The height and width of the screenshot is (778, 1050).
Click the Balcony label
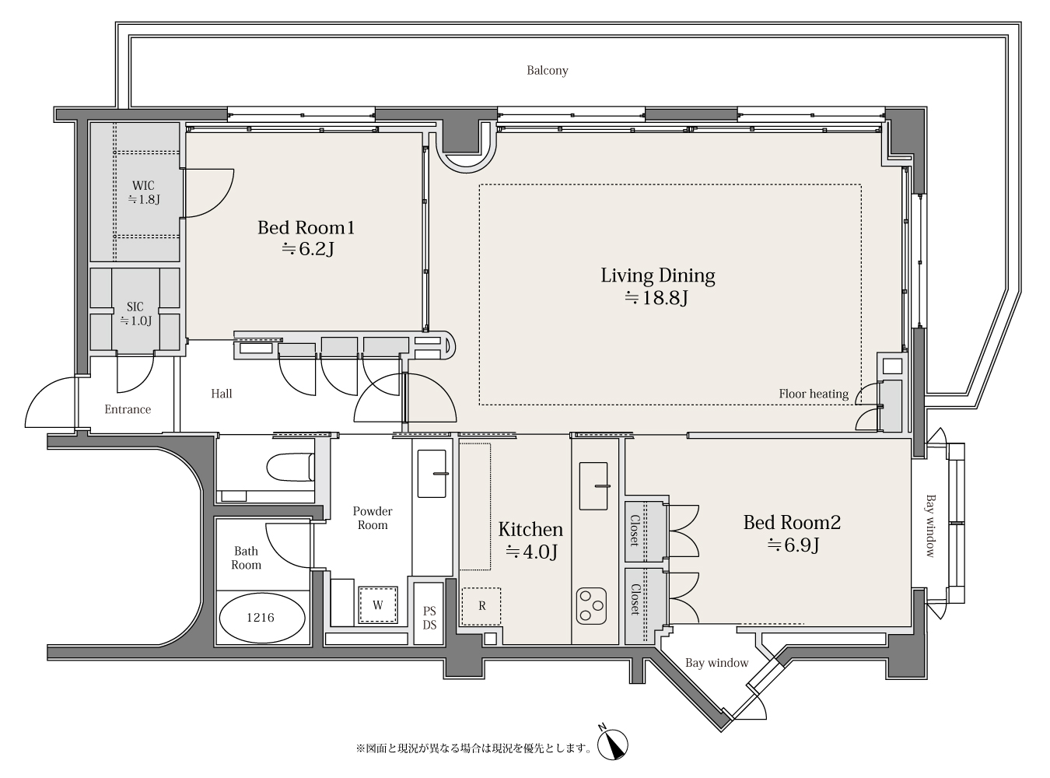pyautogui.click(x=548, y=71)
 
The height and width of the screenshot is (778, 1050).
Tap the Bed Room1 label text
pyautogui.click(x=306, y=228)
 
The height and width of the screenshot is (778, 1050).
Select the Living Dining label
pyautogui.click(x=658, y=275)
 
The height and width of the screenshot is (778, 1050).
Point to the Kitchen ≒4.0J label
pyautogui.click(x=530, y=540)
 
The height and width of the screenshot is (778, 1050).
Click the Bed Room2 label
pyautogui.click(x=792, y=522)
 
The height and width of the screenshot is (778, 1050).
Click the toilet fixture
pyautogui.click(x=289, y=468)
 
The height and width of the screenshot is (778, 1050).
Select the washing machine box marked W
pyautogui.click(x=378, y=605)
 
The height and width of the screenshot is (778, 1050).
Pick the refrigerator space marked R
pyautogui.click(x=481, y=606)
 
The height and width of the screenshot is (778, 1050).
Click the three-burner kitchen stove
pyautogui.click(x=591, y=606)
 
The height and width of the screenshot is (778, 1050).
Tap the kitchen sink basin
pyautogui.click(x=593, y=485)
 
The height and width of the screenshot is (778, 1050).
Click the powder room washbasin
pyautogui.click(x=432, y=474)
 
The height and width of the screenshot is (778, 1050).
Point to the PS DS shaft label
pyautogui.click(x=429, y=618)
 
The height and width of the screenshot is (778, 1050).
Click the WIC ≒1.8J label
pyautogui.click(x=143, y=192)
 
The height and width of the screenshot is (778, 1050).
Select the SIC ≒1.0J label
pyautogui.click(x=135, y=314)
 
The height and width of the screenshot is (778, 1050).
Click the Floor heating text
pyautogui.click(x=814, y=394)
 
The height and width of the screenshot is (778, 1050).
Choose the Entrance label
pyautogui.click(x=128, y=409)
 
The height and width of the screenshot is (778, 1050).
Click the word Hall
pyautogui.click(x=222, y=394)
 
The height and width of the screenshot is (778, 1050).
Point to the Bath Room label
pyautogui.click(x=247, y=558)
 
